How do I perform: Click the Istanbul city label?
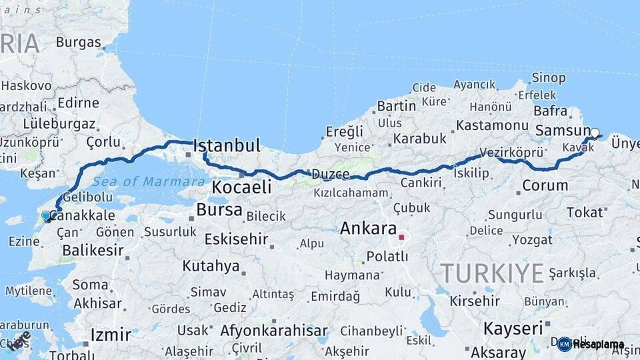[226, 145]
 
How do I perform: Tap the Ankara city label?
[368, 228]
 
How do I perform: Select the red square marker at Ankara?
[401, 237]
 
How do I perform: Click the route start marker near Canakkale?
[46, 215]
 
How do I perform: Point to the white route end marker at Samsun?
[595, 133]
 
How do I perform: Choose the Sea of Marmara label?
[149, 181]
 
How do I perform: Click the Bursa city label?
[219, 210]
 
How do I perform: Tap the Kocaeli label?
[242, 187]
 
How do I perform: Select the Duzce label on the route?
[329, 175]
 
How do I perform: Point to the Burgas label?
[78, 42]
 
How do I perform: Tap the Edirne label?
[78, 103]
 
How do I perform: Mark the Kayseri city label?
[513, 328]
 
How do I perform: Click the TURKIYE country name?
[492, 273]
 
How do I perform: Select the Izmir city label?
[110, 333]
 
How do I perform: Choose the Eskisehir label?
[236, 239]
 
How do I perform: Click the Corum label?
[545, 185]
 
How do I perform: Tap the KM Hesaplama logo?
[591, 344]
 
